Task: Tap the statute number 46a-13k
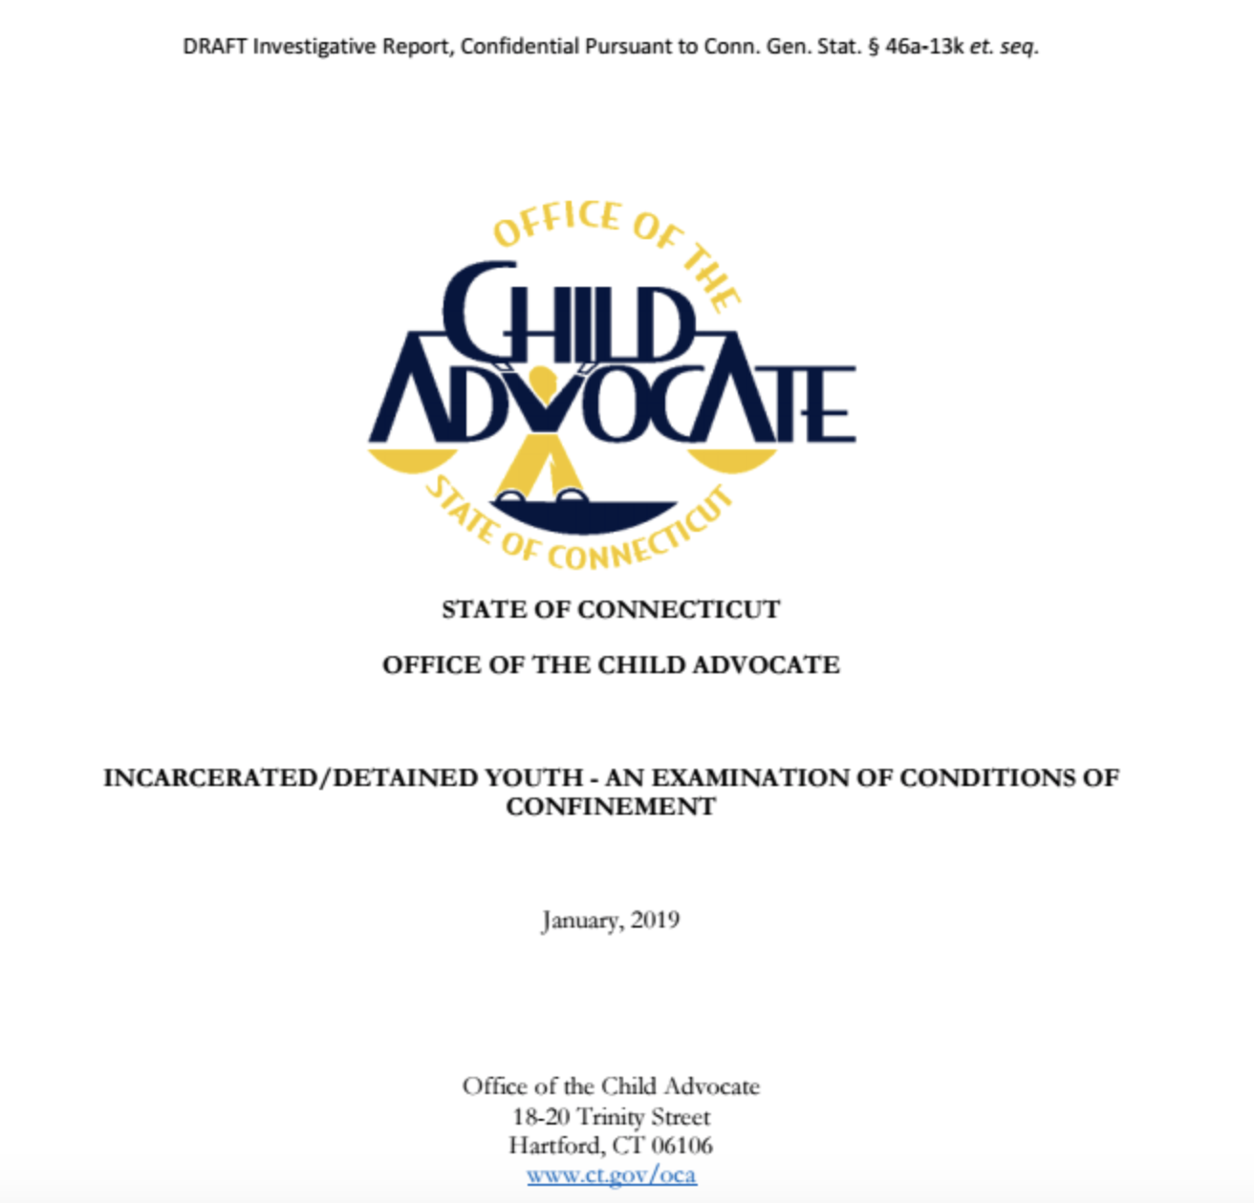924,47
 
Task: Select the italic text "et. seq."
1004,47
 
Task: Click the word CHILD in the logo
568,315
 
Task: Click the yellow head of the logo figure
542,380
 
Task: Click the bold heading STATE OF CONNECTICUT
611,609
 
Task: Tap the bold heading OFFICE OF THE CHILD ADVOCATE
611,665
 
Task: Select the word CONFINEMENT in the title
611,807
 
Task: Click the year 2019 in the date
655,920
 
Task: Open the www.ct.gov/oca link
611,1174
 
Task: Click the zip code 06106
681,1145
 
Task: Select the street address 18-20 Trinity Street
611,1116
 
